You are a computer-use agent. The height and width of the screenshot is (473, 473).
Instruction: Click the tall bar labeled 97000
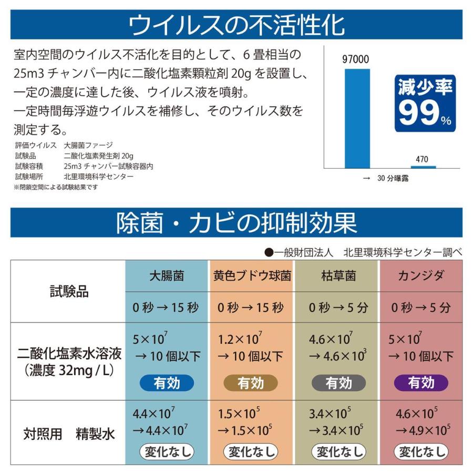357,118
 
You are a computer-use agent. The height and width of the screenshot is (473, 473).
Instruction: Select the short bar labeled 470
423,167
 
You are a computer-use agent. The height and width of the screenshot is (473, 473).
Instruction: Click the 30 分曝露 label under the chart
386,178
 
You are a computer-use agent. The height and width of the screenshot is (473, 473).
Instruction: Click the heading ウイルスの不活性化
236,24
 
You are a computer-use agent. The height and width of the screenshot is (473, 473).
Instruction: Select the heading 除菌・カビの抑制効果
236,223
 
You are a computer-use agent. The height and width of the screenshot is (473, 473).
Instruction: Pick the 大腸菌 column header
166,275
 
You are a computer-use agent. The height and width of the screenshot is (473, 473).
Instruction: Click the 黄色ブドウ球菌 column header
252,275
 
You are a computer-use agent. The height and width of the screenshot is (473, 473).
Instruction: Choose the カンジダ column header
421,275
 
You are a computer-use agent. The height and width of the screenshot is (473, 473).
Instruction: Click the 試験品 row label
68,292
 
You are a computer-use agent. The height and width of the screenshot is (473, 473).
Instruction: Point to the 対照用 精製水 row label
68,434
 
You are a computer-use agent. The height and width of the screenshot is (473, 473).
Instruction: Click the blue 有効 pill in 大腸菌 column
167,383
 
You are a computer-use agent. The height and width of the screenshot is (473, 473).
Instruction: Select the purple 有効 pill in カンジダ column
421,383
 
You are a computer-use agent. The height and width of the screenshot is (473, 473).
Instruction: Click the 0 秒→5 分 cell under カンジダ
421,307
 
